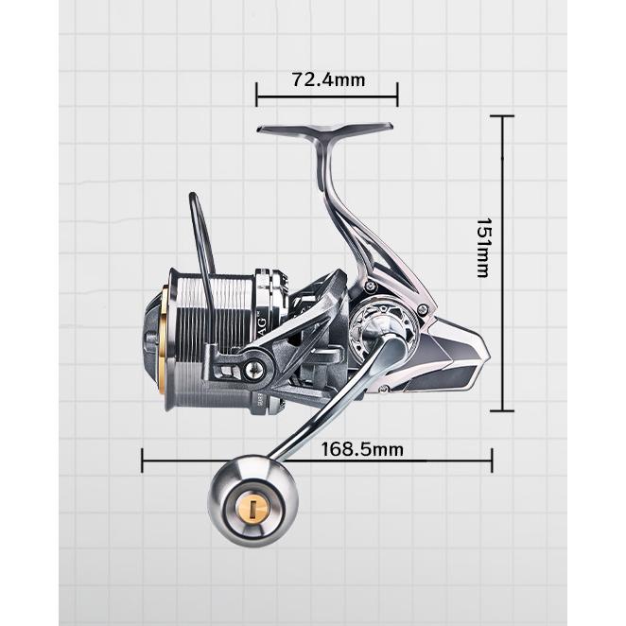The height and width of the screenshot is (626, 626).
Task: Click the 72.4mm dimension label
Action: tap(328, 79)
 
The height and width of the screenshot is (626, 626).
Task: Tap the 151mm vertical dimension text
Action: tap(484, 248)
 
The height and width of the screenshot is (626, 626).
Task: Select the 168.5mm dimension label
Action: tap(362, 449)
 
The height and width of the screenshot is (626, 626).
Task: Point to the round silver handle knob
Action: tap(253, 501)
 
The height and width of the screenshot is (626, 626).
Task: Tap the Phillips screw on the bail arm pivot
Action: tap(253, 370)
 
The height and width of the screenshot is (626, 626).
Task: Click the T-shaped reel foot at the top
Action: tap(324, 130)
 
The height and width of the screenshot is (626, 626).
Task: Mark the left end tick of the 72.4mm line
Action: tap(256, 95)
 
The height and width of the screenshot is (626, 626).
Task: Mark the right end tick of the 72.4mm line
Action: tap(397, 95)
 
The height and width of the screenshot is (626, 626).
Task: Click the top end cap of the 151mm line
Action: tap(502, 116)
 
